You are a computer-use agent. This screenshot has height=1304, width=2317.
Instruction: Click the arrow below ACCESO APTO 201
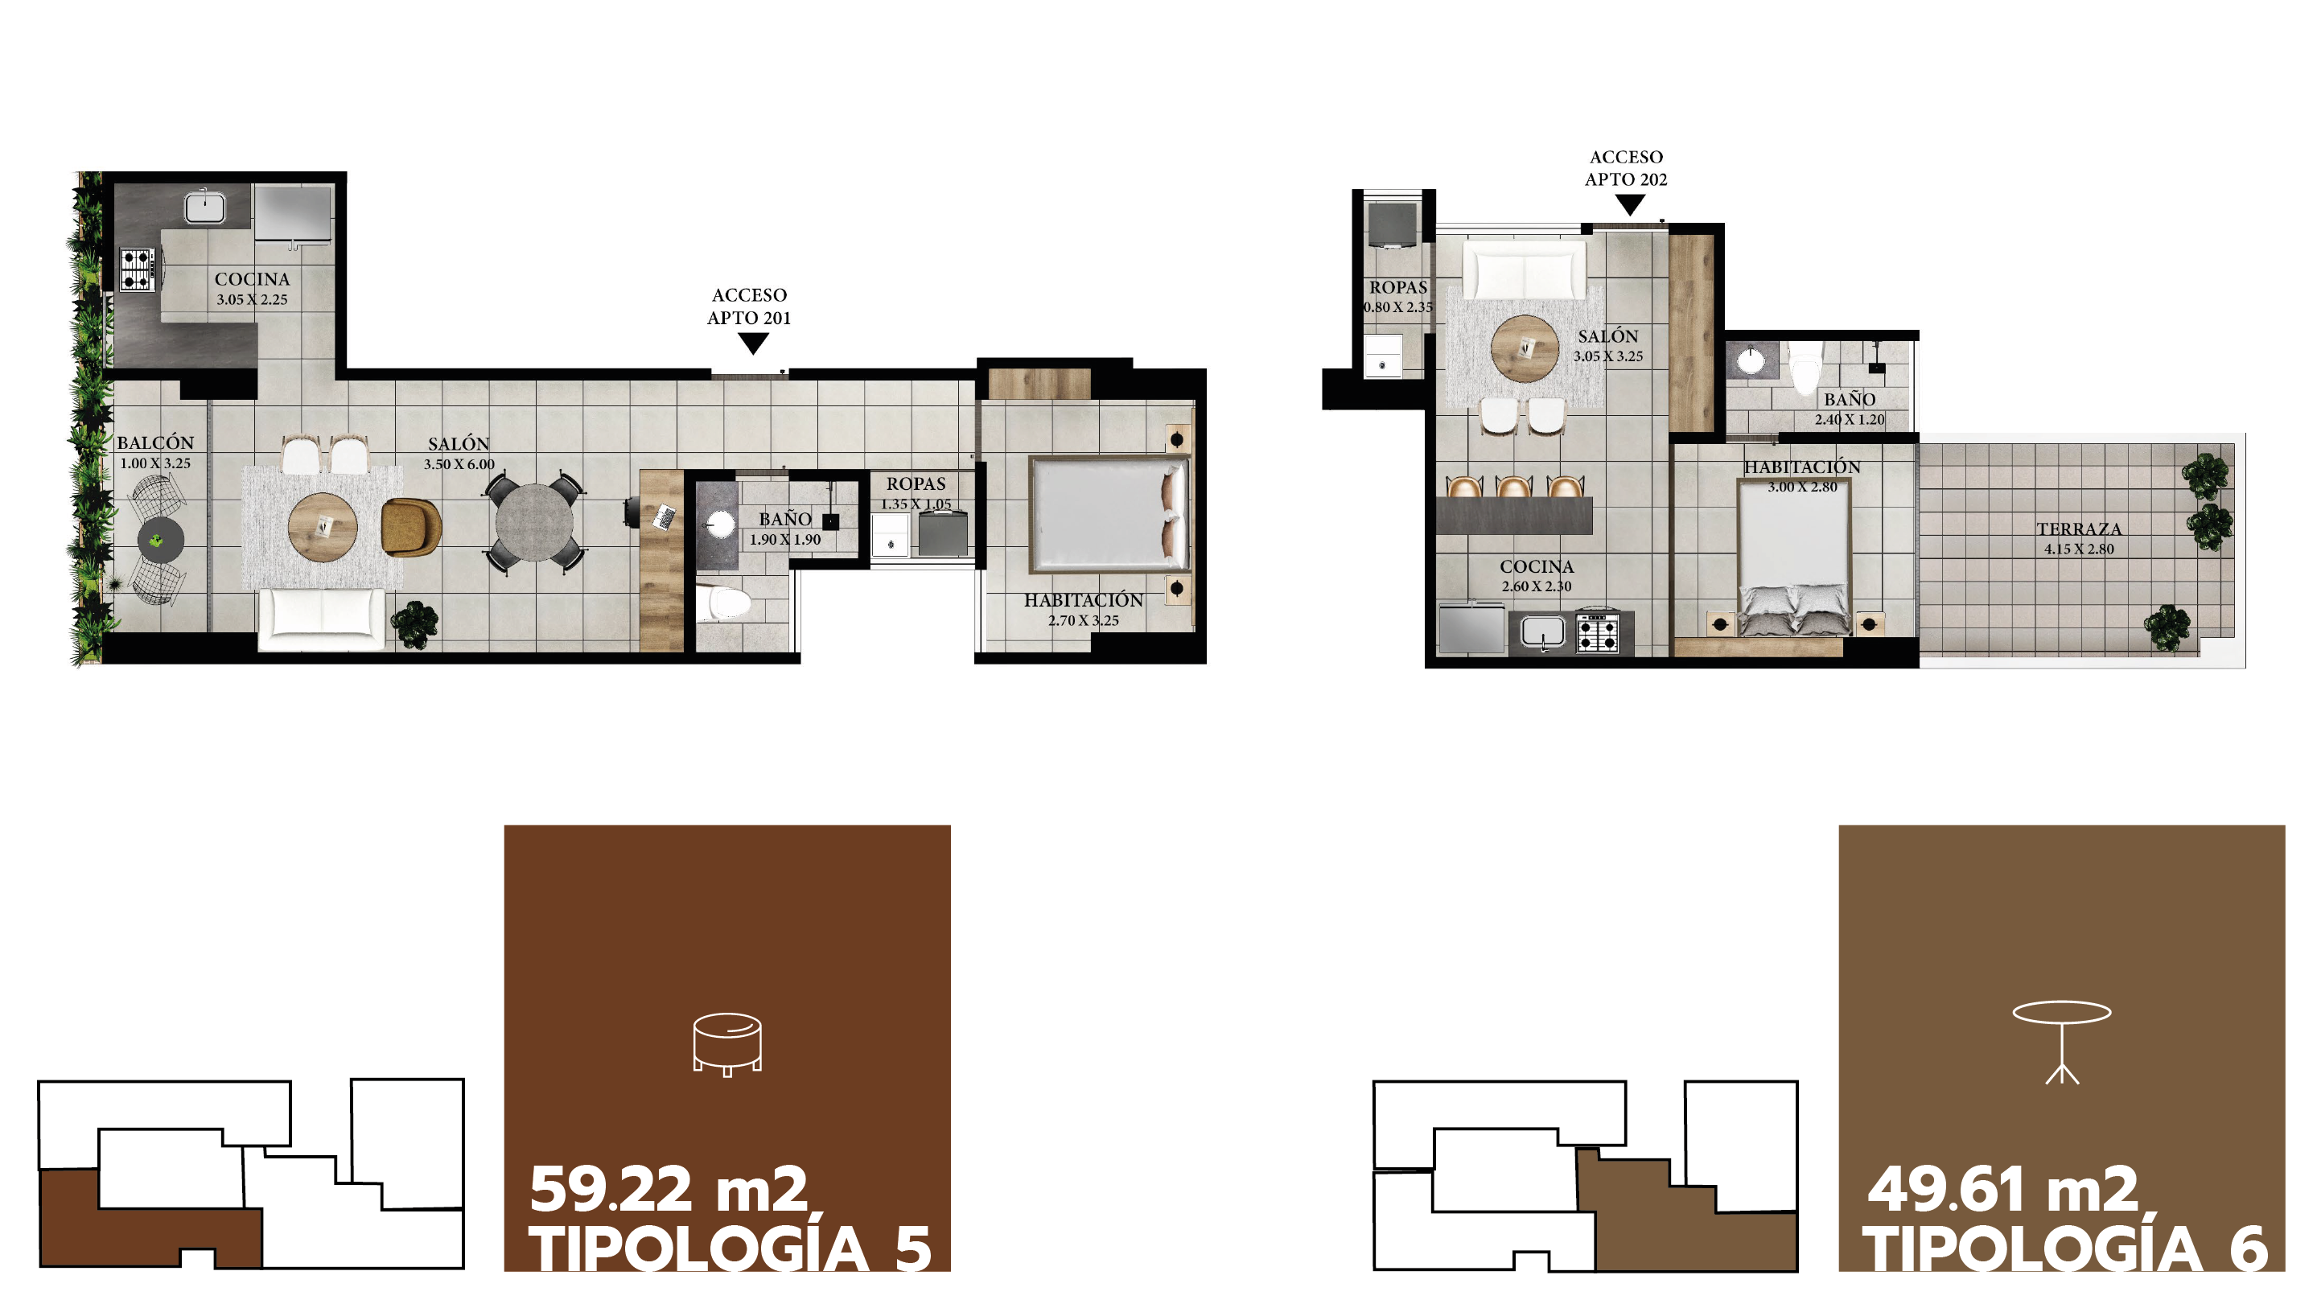753,343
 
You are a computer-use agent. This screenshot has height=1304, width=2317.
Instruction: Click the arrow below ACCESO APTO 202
1629,205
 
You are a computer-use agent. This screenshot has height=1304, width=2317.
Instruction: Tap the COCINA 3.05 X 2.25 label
252,289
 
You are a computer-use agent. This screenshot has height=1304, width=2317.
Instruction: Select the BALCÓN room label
155,442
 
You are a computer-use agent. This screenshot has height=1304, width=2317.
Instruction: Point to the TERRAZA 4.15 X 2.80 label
2080,538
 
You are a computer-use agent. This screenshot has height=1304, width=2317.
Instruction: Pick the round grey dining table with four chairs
533,524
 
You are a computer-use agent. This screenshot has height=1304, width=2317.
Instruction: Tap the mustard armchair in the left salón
411,527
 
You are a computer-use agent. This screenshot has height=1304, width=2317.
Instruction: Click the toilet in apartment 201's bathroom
722,603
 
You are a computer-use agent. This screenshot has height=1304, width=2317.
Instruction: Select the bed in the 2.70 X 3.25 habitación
1110,514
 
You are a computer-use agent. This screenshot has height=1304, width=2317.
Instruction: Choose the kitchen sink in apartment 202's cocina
1541,631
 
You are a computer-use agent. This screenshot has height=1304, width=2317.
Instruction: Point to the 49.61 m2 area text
2003,1189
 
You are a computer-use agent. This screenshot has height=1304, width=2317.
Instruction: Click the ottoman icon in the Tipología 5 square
726,1044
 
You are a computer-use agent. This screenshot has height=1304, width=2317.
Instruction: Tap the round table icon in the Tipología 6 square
2061,1042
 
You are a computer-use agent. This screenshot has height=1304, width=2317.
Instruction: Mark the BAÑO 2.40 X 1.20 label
1850,409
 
